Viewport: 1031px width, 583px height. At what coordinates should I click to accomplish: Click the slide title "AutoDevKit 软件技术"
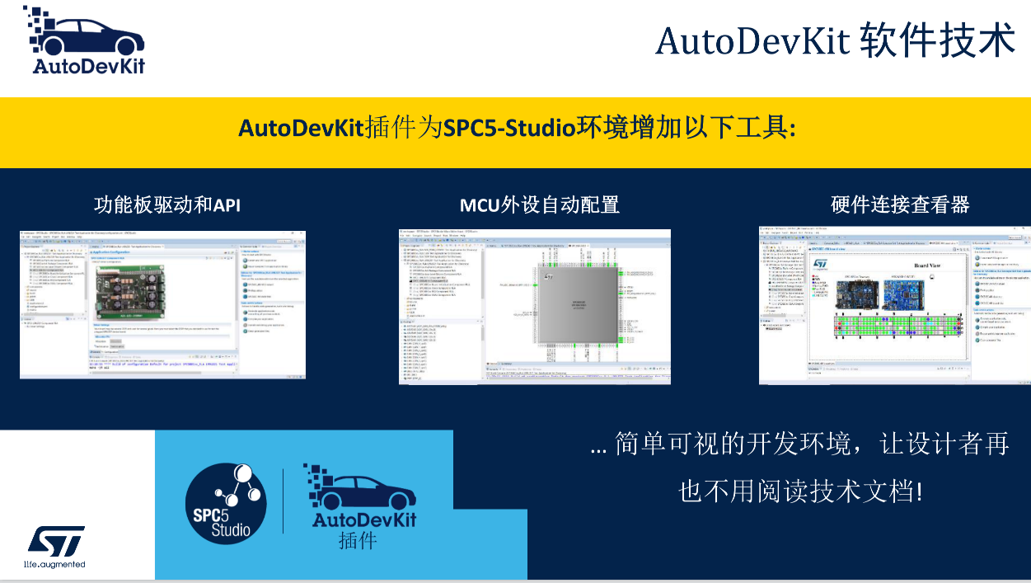(835, 40)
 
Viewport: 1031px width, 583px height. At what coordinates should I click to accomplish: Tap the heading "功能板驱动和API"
(167, 204)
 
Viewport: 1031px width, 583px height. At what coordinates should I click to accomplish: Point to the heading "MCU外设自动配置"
(539, 204)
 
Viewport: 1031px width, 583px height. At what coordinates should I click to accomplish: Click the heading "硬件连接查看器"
(900, 204)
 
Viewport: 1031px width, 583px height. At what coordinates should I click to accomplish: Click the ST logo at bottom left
(56, 541)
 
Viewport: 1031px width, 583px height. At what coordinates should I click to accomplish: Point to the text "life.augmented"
(55, 565)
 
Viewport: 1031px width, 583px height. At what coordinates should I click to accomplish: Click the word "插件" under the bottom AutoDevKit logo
(358, 540)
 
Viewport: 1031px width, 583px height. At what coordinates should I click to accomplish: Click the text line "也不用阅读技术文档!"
(800, 492)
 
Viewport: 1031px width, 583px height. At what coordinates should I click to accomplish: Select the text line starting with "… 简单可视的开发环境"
(800, 446)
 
